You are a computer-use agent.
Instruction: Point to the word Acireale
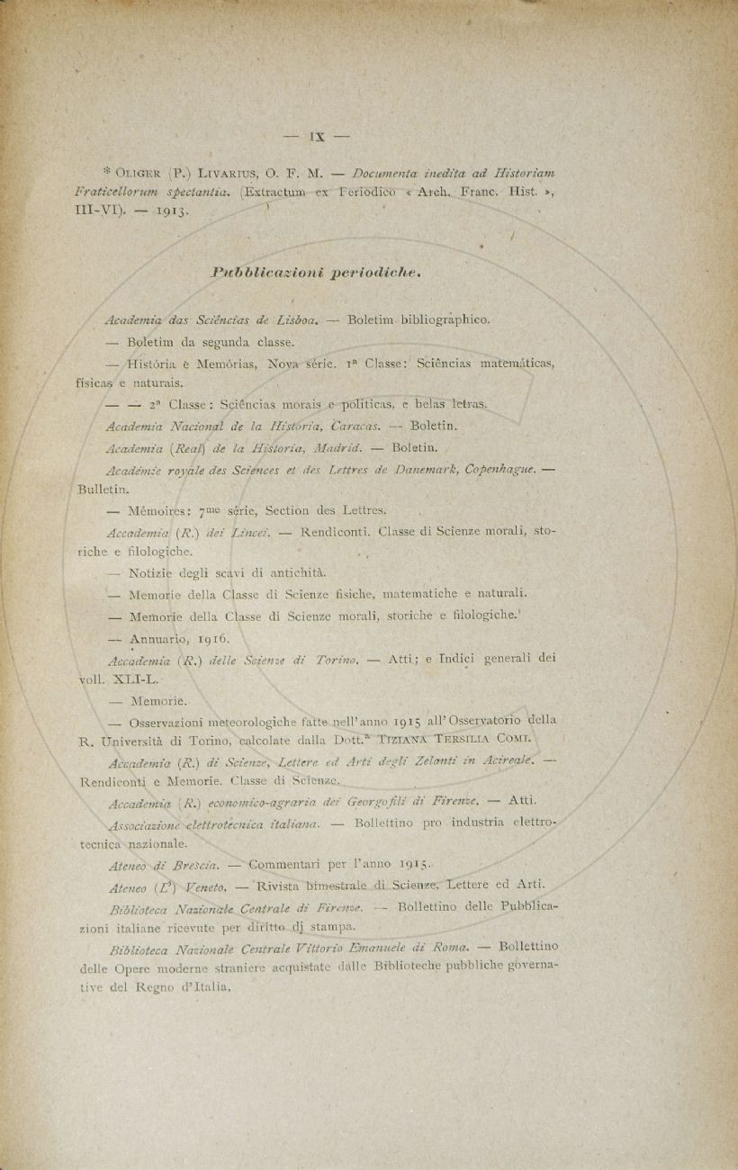click(x=510, y=762)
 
